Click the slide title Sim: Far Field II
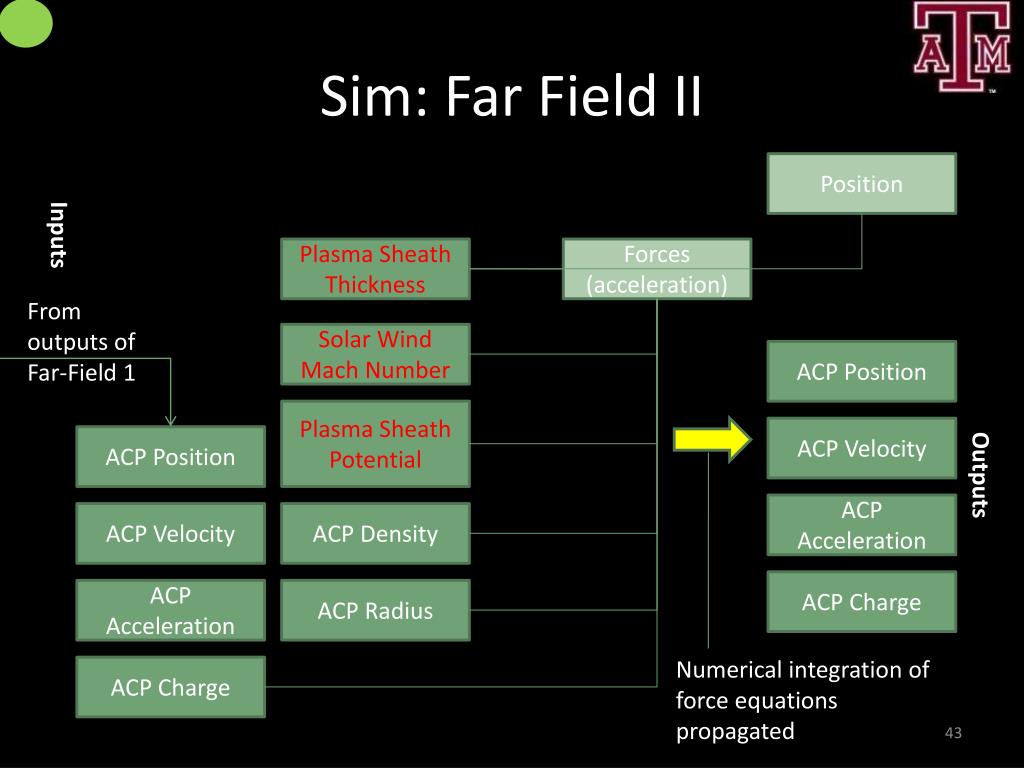(511, 100)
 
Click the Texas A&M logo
(961, 48)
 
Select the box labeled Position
(861, 184)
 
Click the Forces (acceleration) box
(656, 269)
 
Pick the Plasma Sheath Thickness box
(375, 269)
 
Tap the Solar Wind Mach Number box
(375, 355)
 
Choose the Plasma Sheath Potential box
(375, 444)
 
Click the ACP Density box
(375, 534)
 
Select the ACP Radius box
(375, 610)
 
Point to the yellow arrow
(711, 439)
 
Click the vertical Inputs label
(58, 235)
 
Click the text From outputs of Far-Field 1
(81, 342)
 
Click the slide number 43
(952, 734)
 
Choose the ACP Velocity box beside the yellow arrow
(861, 449)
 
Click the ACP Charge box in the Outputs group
(861, 602)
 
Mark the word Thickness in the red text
(375, 285)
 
